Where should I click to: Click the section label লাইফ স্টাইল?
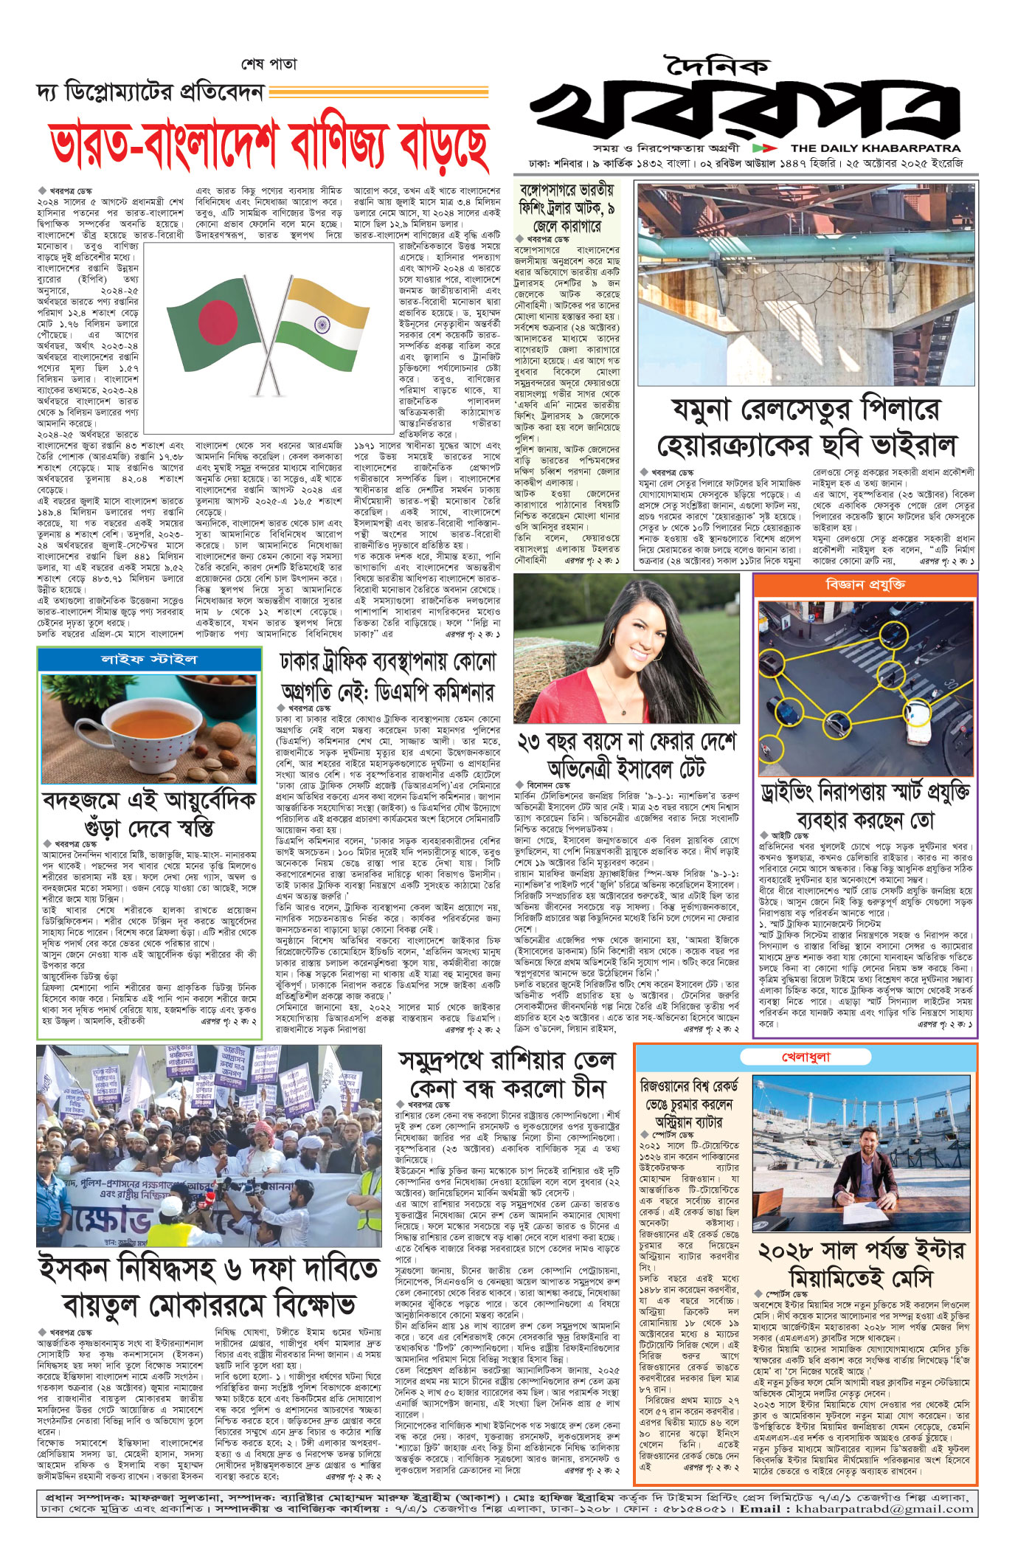click(149, 658)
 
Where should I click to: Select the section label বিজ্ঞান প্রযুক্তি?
click(865, 584)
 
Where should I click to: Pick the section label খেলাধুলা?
click(806, 1057)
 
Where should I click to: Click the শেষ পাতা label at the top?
click(269, 64)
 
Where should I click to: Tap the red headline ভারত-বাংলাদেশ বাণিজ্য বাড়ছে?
click(270, 145)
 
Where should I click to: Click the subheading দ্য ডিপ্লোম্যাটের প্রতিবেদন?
click(150, 93)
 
